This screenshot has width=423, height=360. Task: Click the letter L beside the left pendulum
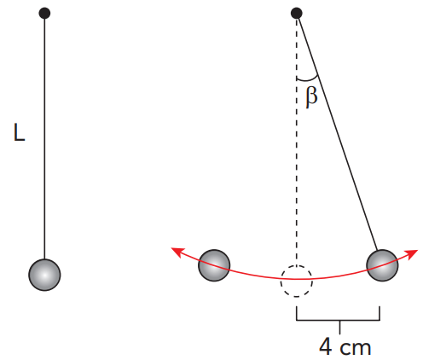[x=20, y=132]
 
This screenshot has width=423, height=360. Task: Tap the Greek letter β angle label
[x=311, y=97]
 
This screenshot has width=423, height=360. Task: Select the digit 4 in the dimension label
[x=326, y=346]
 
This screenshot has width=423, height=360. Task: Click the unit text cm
[x=356, y=348]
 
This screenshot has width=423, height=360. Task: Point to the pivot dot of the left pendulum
[x=44, y=13]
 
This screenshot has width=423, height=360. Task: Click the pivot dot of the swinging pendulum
[x=297, y=13]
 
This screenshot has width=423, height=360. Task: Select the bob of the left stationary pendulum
[x=44, y=275]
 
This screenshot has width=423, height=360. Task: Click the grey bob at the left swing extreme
[x=214, y=265]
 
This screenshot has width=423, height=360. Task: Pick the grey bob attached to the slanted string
[x=382, y=265]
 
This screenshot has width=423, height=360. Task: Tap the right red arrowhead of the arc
[x=412, y=254]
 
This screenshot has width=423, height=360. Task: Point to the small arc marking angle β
[x=308, y=79]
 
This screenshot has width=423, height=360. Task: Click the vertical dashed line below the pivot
[x=297, y=142]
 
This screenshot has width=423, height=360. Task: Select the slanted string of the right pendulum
[x=338, y=134]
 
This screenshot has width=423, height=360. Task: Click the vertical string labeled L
[x=44, y=139]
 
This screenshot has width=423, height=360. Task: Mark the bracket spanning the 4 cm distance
[x=339, y=320]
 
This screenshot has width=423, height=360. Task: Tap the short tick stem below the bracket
[x=339, y=327]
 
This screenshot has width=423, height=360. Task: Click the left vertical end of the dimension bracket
[x=297, y=313]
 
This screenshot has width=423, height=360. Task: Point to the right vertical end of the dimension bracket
[x=380, y=313]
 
